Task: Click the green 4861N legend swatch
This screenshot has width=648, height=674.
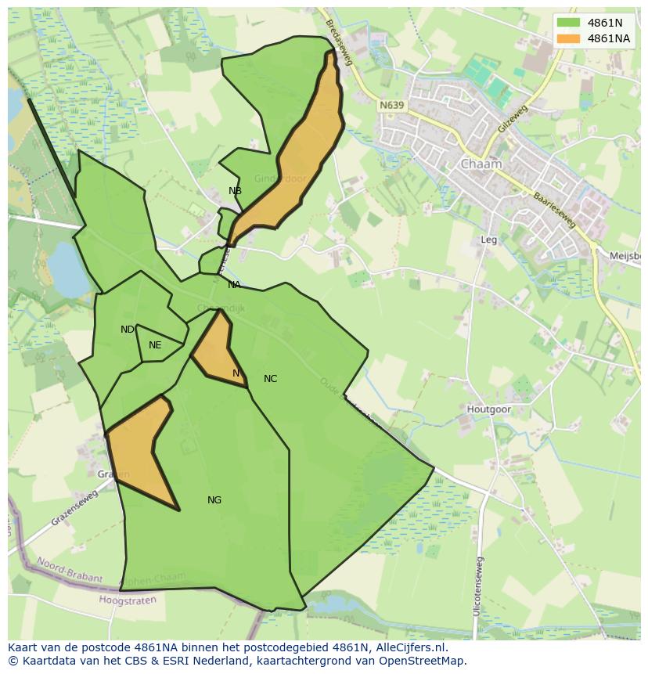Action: point(569,23)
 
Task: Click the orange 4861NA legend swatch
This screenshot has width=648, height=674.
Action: point(569,38)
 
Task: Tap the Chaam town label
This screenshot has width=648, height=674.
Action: point(481,164)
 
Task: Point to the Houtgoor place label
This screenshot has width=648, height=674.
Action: point(488,409)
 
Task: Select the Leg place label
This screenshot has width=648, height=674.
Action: point(489,240)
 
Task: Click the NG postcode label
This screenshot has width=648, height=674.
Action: point(214,500)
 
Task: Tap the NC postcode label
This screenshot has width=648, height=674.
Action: point(270,379)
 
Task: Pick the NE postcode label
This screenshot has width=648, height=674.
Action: point(155,345)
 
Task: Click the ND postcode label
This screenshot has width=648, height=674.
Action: point(127,330)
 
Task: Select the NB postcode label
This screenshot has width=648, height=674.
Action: point(235,191)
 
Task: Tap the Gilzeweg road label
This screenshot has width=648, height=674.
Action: point(513,117)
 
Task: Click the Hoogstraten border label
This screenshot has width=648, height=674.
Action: point(128,600)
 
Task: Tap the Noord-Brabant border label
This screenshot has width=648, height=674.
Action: point(70,571)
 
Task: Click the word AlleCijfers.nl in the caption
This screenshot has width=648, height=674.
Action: point(406,647)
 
